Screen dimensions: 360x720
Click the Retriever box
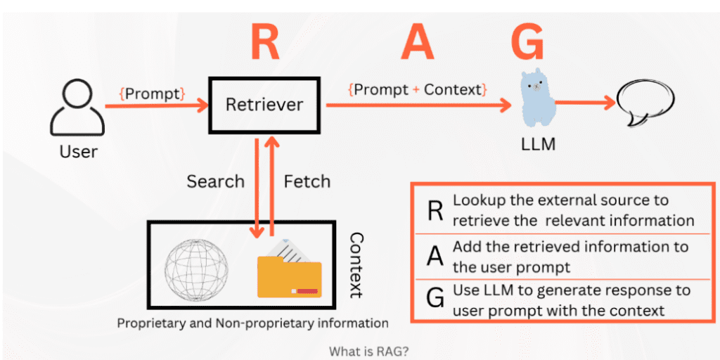pos(264,105)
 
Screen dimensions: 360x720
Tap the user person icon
pos(79,108)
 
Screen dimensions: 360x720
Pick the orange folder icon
pos(289,270)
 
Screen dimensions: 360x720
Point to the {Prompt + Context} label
pos(417,89)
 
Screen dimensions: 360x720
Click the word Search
pos(215,181)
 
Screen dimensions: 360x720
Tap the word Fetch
pos(307,181)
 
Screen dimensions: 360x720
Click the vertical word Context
pos(356,265)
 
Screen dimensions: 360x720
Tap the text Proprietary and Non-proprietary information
pos(252,323)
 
